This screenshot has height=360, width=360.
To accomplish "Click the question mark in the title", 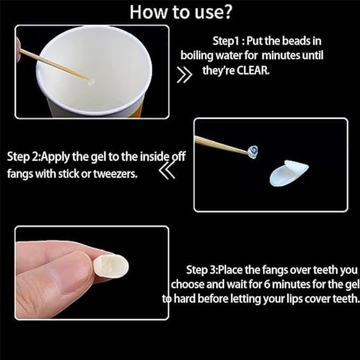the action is point(226,12).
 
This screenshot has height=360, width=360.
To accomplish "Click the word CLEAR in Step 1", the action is point(253,71).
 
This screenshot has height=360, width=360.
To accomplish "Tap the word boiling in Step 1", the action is point(197,56).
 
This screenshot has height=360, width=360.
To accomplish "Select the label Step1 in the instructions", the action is point(226,41).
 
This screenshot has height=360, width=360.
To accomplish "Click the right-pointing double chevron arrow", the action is point(185,75).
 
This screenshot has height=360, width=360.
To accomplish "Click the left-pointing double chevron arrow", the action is point(167,171).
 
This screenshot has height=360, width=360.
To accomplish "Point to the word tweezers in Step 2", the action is point(115,174).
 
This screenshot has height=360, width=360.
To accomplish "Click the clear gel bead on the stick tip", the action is point(253,152).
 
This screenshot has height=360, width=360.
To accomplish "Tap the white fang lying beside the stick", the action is point(289,173).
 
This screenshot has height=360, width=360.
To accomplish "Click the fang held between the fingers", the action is point(111,266).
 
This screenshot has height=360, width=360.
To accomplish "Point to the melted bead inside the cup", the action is point(91,82).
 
